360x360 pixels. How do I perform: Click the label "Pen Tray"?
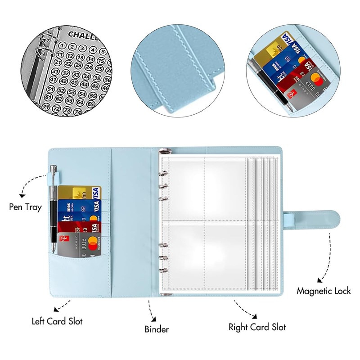tap(26, 207)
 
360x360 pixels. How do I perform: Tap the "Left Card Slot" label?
tap(57, 322)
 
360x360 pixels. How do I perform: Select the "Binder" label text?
tap(157, 329)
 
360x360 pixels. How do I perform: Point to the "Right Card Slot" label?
tap(257, 327)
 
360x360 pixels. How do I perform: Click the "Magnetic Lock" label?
tap(323, 291)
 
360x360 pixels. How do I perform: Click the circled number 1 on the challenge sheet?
tap(63, 45)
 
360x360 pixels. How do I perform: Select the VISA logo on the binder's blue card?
tap(94, 206)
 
